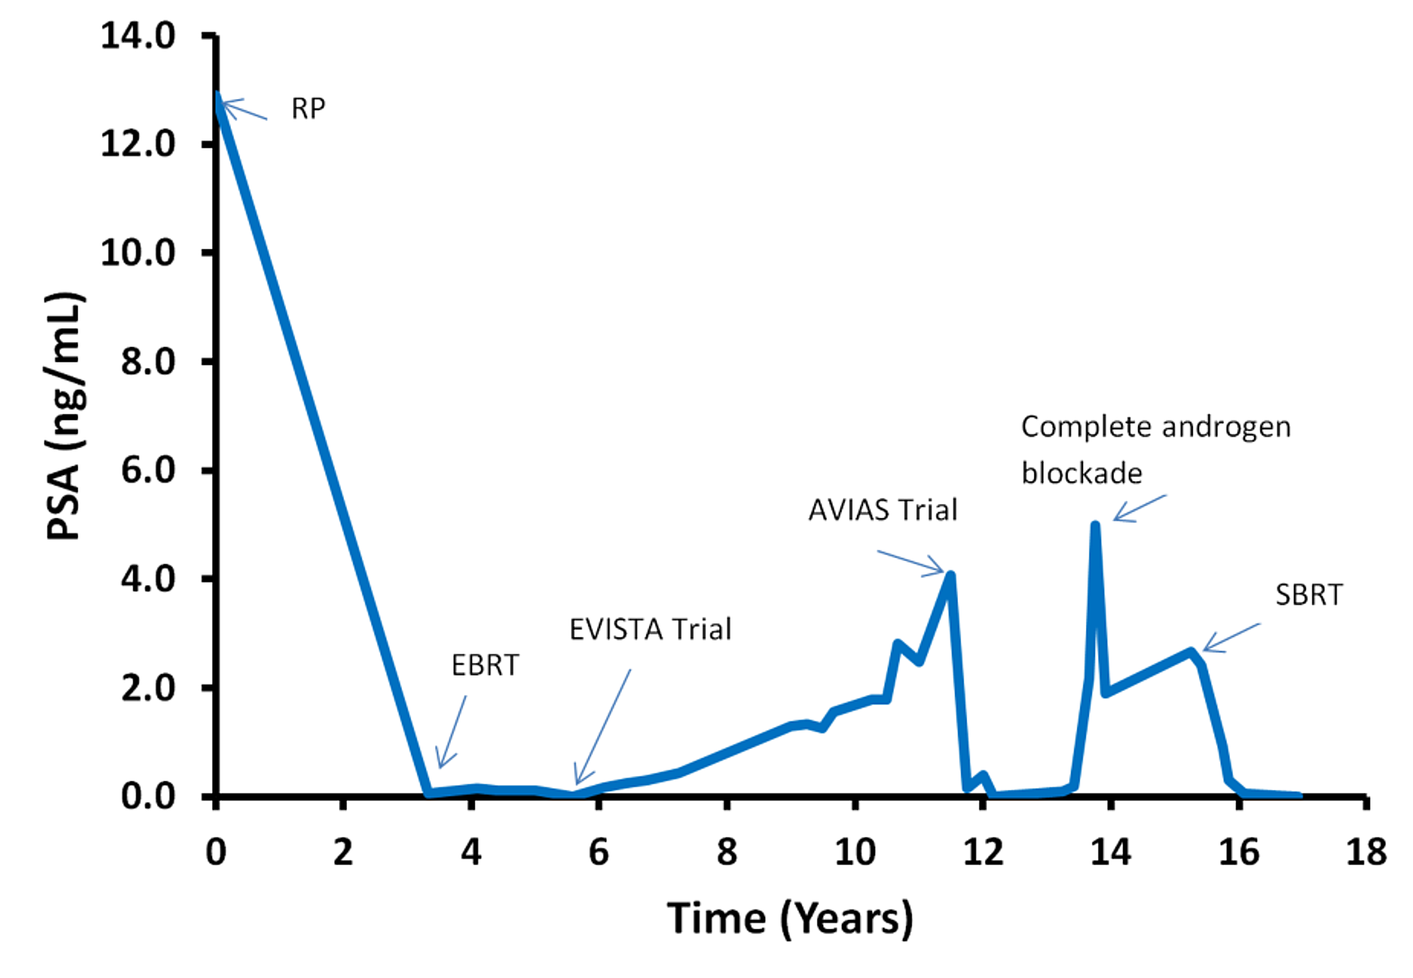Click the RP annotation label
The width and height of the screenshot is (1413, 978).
pyautogui.click(x=309, y=108)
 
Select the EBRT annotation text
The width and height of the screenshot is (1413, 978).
pyautogui.click(x=485, y=665)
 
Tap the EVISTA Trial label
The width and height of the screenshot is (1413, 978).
pyautogui.click(x=650, y=629)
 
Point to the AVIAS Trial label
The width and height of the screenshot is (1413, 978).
pyautogui.click(x=882, y=509)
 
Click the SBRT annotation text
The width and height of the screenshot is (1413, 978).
pyautogui.click(x=1308, y=595)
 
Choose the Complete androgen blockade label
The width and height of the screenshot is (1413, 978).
pyautogui.click(x=1156, y=449)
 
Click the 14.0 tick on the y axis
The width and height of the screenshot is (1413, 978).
pyautogui.click(x=138, y=35)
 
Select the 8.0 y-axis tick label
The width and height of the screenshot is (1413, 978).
pyautogui.click(x=148, y=361)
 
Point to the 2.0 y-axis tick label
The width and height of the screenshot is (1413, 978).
pyautogui.click(x=148, y=688)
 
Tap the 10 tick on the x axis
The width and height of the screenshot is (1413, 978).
pyautogui.click(x=855, y=852)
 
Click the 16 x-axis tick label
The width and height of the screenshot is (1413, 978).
pyautogui.click(x=1238, y=852)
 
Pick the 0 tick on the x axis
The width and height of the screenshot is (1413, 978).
pyautogui.click(x=215, y=852)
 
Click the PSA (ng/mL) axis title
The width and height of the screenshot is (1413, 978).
pyautogui.click(x=65, y=416)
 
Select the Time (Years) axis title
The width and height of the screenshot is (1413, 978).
pyautogui.click(x=790, y=919)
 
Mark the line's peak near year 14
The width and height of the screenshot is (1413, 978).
pyautogui.click(x=1095, y=526)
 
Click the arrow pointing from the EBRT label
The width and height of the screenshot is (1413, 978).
pyautogui.click(x=452, y=731)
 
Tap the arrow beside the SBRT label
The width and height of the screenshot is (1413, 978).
pyautogui.click(x=1231, y=637)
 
